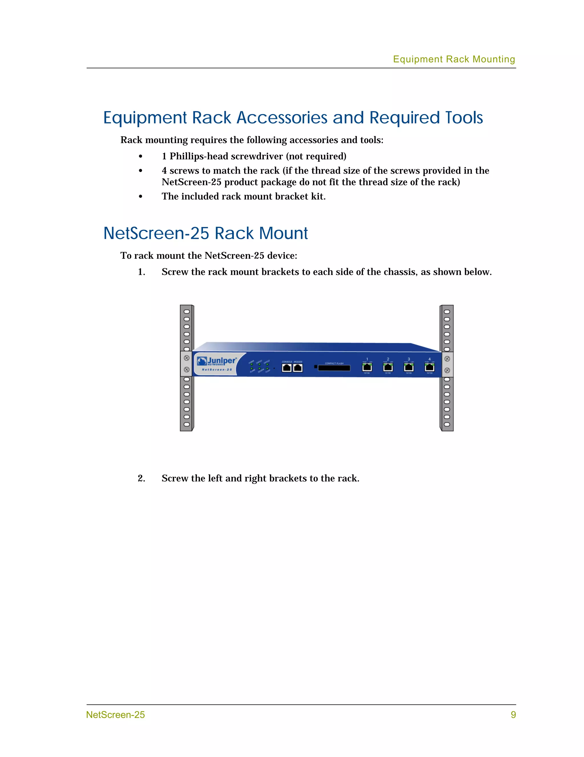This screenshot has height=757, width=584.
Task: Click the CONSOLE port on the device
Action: tap(286, 368)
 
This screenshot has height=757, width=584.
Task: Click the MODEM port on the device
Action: tap(298, 368)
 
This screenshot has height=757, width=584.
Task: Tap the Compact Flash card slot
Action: tap(334, 368)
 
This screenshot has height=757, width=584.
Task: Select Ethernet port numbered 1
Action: tap(367, 367)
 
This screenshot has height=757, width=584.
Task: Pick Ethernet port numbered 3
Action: tap(409, 367)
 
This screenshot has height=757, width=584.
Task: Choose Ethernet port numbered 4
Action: tap(430, 367)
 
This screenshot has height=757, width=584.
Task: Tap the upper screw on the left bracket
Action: tap(186, 358)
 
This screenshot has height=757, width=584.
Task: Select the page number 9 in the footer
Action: tap(513, 715)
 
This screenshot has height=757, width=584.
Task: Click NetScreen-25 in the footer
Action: tap(115, 715)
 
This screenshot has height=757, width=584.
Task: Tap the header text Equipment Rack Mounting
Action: tap(454, 59)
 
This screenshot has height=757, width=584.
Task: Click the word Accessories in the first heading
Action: tap(282, 118)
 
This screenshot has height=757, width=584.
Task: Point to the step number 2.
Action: tap(141, 478)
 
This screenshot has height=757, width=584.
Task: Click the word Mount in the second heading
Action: tap(283, 233)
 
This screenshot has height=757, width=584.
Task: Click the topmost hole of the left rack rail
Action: tap(186, 311)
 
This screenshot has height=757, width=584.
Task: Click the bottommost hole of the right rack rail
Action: tap(447, 424)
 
